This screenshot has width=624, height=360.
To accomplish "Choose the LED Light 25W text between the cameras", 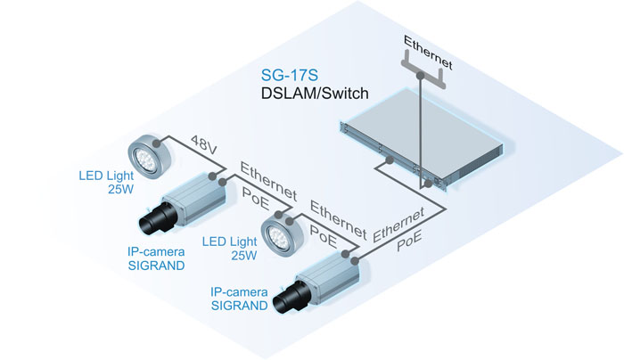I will [x=229, y=249].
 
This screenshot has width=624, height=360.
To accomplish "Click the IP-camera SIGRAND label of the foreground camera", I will [x=238, y=298].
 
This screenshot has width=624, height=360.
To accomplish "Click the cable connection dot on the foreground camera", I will [x=355, y=260].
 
